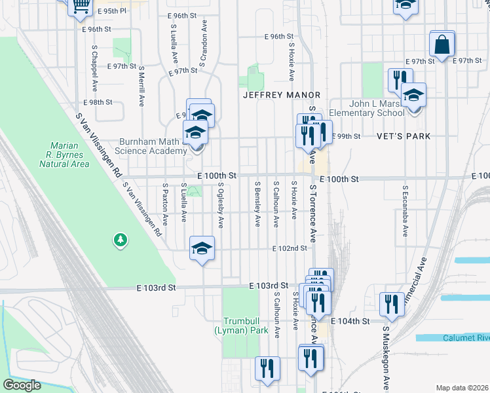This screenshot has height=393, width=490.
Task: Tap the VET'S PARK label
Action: pyautogui.click(x=404, y=136)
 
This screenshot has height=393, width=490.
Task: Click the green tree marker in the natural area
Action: pyautogui.click(x=120, y=240)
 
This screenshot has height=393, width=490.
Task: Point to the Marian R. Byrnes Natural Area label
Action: pyautogui.click(x=69, y=155)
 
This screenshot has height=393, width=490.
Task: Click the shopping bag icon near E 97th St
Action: pyautogui.click(x=442, y=45)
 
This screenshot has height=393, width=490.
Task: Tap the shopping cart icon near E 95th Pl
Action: pyautogui.click(x=81, y=6)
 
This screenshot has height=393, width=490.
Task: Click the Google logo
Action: pyautogui.click(x=22, y=385)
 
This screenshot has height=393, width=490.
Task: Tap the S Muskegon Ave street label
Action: pyautogui.click(x=386, y=358)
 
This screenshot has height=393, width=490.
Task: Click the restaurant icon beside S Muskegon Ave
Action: pyautogui.click(x=391, y=304)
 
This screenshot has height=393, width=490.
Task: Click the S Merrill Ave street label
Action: pyautogui.click(x=141, y=85)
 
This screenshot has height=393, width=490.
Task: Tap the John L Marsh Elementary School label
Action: pyautogui.click(x=367, y=108)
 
